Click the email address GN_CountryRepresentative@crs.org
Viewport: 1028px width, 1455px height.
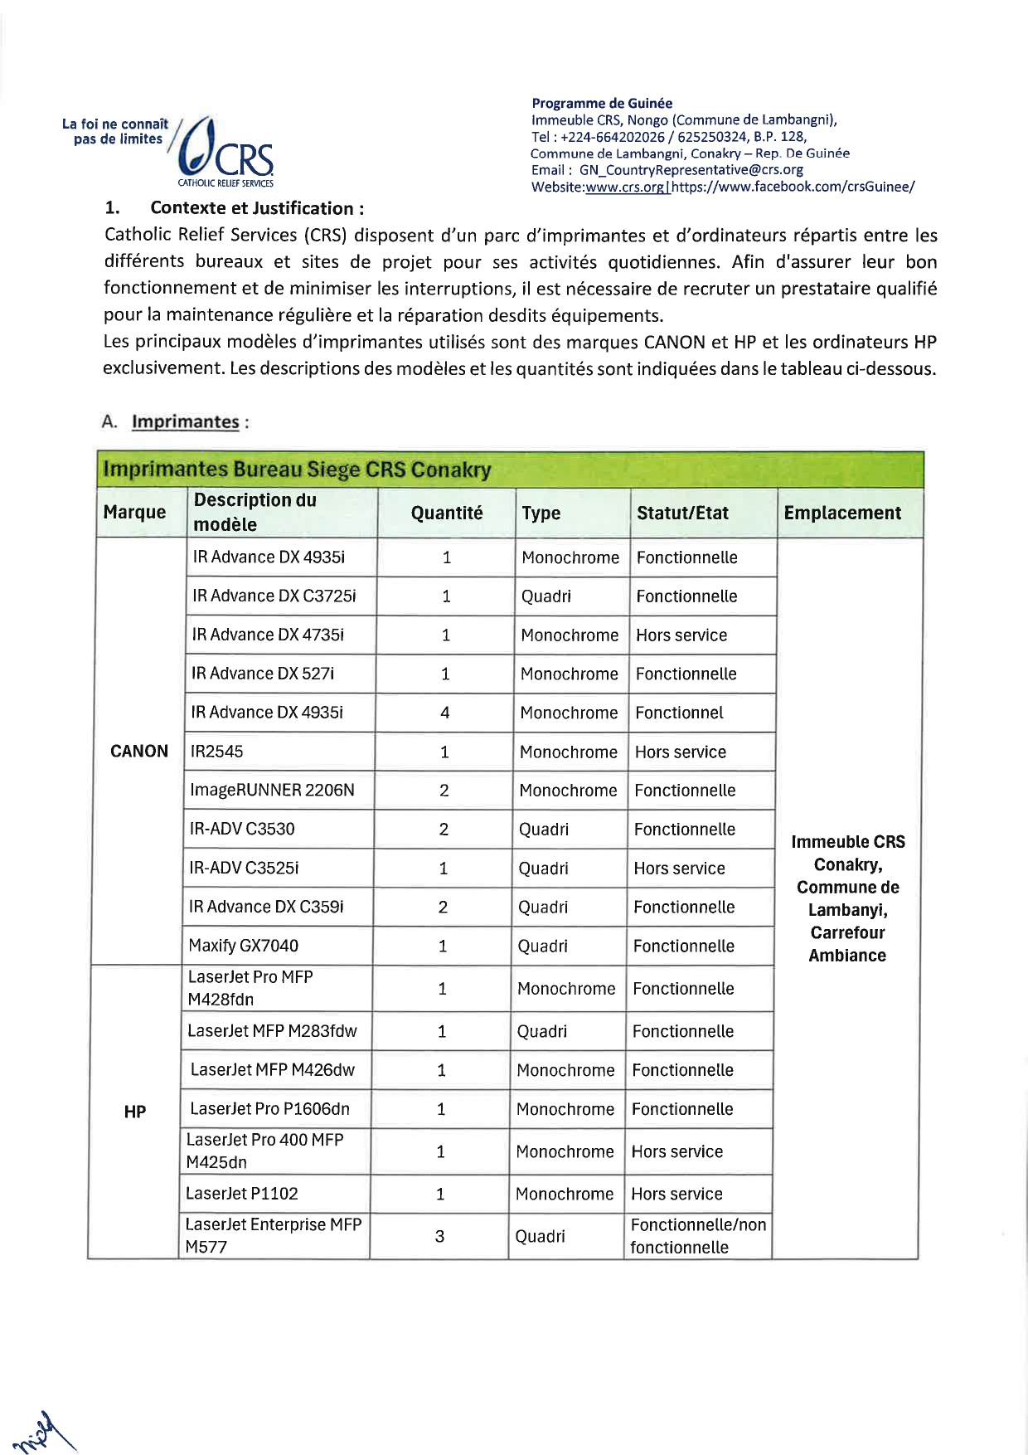691,170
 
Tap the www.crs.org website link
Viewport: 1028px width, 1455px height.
624,187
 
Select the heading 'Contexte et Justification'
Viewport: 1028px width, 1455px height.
257,208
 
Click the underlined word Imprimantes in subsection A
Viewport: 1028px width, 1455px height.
185,421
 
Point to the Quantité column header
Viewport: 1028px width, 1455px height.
447,513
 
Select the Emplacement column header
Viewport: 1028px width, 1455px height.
842,513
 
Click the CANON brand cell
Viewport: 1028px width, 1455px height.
139,752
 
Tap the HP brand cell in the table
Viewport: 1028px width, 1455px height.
135,1112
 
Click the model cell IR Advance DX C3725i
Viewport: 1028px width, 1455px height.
274,596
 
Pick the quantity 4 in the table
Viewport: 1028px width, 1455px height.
445,713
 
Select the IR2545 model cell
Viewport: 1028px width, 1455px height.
217,752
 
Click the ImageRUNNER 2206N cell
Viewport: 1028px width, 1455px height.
272,791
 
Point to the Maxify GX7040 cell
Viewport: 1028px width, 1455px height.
244,946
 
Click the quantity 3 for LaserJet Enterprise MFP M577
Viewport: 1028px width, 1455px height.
439,1236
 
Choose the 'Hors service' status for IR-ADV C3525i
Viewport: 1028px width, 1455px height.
679,869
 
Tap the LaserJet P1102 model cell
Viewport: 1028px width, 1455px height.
241,1194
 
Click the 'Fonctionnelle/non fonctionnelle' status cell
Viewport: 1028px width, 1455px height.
697,1236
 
